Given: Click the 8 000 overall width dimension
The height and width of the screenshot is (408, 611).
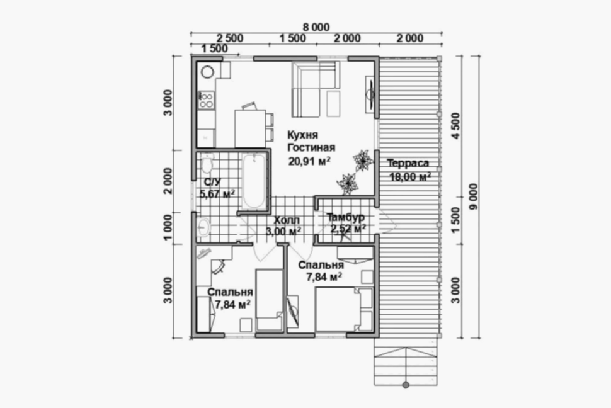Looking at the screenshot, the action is point(316,27).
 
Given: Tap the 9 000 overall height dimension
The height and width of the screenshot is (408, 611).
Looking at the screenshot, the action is point(474,197).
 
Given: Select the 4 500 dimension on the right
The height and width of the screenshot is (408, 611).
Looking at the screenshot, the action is point(455,125).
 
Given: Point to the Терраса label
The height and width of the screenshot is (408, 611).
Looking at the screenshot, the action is point(408,163).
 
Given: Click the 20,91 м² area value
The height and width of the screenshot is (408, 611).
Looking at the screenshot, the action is point(309,161).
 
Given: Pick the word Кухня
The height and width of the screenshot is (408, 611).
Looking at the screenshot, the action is point(303,135).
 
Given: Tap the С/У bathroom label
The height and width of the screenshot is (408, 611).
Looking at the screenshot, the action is point(212,182).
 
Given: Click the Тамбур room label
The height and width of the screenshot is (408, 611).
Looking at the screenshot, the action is point(346,217).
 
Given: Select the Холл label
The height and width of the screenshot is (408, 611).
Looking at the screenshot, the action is point(287,220).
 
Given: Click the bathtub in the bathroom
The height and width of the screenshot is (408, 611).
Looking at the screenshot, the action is point(254,181).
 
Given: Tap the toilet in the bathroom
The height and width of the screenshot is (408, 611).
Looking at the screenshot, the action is point(207,164).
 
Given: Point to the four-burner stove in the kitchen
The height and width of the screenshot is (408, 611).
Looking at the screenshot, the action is point(206,99).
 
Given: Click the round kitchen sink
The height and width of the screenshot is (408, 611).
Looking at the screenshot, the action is point(207,72).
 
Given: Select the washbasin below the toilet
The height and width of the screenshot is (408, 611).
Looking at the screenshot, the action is point(203,227).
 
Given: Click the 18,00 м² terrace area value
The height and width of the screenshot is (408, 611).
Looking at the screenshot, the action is point(410,176).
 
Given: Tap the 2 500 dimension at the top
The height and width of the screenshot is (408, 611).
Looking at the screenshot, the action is point(230,38).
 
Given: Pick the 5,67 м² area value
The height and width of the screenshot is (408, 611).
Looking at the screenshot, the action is point(217,193).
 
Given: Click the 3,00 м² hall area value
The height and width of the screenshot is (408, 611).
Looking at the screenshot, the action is point(283,232).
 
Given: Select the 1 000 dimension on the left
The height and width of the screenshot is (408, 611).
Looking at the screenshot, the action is point(168,227).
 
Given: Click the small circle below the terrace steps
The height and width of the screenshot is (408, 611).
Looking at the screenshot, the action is point(406,385).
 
